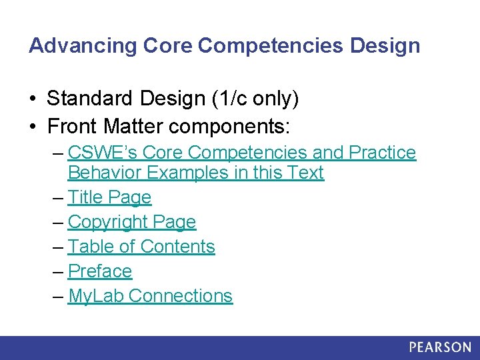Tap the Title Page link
[x=109, y=197]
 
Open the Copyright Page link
[x=132, y=222]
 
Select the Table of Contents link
[x=141, y=247]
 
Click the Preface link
[x=100, y=271]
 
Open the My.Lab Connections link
[x=150, y=296]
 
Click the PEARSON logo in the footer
[x=440, y=347]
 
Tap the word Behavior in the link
[x=105, y=173]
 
